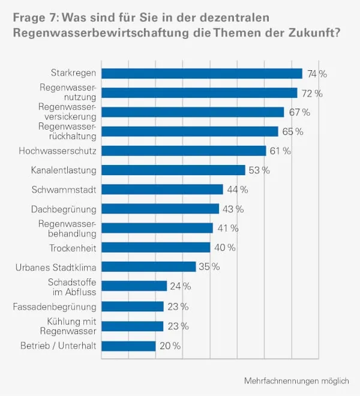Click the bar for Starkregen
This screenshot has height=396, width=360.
click(202, 73)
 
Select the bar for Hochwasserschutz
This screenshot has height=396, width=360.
click(184, 151)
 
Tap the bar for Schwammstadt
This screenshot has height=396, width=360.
click(162, 190)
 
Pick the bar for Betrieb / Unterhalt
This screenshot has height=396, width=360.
click(128, 346)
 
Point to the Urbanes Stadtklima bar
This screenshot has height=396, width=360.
click(149, 266)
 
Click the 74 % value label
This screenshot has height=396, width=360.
click(317, 74)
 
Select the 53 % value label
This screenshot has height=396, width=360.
click(259, 170)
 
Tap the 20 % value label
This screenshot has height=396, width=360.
click(170, 346)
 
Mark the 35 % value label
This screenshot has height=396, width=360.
click(209, 267)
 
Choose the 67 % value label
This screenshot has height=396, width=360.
click(298, 112)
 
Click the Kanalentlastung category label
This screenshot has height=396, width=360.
click(64, 170)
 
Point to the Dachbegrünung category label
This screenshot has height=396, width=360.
click(64, 209)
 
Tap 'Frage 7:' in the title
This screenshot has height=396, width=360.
click(34, 17)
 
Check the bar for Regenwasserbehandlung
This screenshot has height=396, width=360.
click(157, 228)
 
